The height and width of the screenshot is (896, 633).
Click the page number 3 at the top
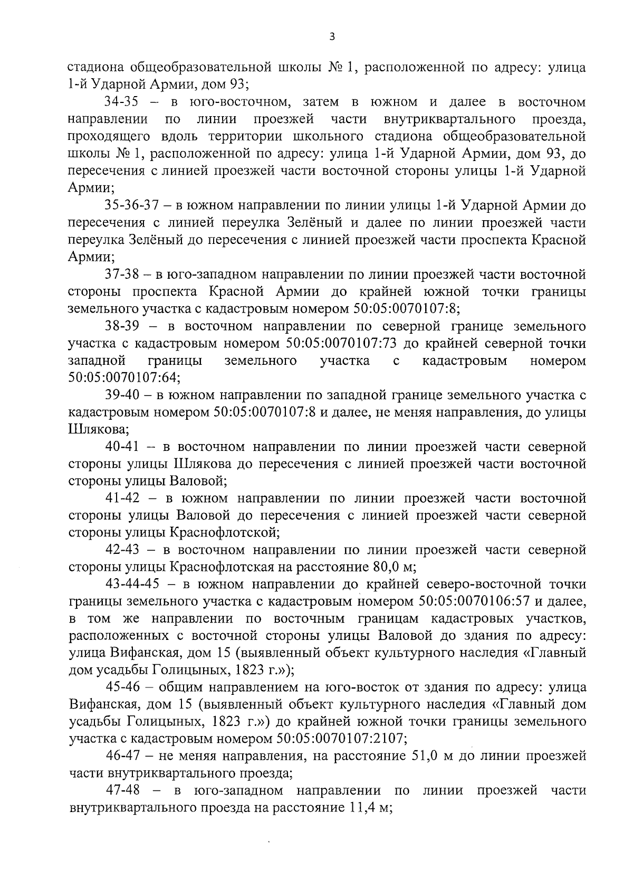(331, 36)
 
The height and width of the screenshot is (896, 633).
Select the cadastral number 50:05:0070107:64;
(124, 378)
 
